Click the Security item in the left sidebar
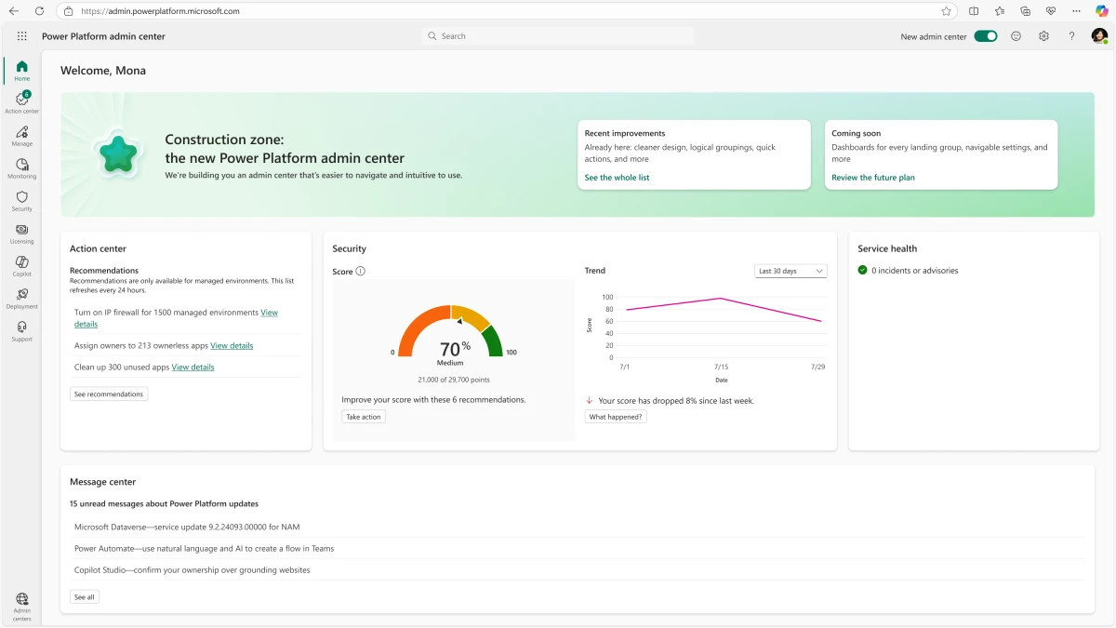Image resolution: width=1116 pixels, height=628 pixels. click(22, 201)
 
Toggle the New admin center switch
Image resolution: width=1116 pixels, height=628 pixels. click(985, 36)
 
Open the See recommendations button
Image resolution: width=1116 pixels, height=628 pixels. click(109, 394)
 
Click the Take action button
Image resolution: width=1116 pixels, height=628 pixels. click(364, 417)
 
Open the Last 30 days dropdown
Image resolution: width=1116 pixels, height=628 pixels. click(790, 271)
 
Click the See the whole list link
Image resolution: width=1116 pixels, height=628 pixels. click(617, 178)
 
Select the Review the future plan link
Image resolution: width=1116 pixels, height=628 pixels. click(872, 178)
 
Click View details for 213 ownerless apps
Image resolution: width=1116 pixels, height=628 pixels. click(232, 345)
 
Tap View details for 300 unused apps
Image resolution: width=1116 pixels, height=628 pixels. click(193, 367)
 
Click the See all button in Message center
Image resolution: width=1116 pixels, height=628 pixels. click(84, 597)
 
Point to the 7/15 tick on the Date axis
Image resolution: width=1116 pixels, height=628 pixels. click(721, 367)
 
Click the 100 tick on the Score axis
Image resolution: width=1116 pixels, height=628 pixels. click(607, 298)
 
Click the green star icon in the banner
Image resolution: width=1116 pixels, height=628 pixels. click(119, 154)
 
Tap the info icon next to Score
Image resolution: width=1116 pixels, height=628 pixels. click(361, 272)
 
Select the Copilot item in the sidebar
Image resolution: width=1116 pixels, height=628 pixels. click(22, 266)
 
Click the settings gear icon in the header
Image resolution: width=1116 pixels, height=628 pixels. click(1043, 36)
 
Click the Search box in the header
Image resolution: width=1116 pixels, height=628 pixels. click(558, 36)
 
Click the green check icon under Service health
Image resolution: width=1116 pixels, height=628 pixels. click(863, 271)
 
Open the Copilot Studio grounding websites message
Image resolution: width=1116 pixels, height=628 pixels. click(192, 570)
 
